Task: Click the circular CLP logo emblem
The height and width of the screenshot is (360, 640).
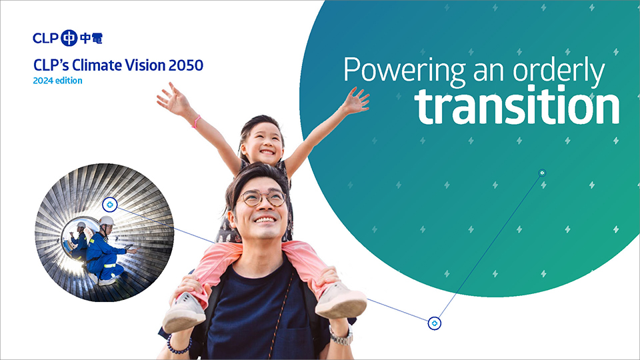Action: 69,38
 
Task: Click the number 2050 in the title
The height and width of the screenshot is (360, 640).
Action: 186,65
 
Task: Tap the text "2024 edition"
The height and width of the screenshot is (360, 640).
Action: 57,81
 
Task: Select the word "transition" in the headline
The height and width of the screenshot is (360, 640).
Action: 517,106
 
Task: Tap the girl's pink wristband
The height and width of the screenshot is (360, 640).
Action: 196,121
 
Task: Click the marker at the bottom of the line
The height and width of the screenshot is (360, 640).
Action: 435,323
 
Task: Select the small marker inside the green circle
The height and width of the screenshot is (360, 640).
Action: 542,173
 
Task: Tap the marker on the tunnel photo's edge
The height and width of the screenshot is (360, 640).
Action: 109,205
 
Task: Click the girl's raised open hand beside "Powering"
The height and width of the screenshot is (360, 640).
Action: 355,101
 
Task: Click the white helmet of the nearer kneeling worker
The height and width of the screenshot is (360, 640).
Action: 106,221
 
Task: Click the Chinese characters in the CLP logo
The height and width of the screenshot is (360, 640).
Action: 91,38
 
